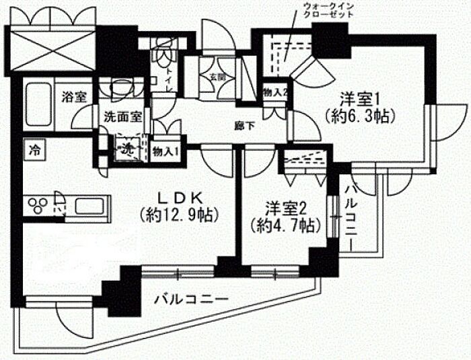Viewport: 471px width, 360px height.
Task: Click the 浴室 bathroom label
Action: [74, 96]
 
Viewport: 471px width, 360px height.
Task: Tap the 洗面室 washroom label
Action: [122, 116]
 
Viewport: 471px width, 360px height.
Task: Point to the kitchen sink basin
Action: [90, 205]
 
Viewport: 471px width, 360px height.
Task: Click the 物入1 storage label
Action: [166, 150]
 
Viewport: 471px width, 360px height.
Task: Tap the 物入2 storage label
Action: [276, 92]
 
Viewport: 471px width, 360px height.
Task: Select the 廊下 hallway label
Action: [244, 124]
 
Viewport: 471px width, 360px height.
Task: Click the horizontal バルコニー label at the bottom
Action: [190, 299]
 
